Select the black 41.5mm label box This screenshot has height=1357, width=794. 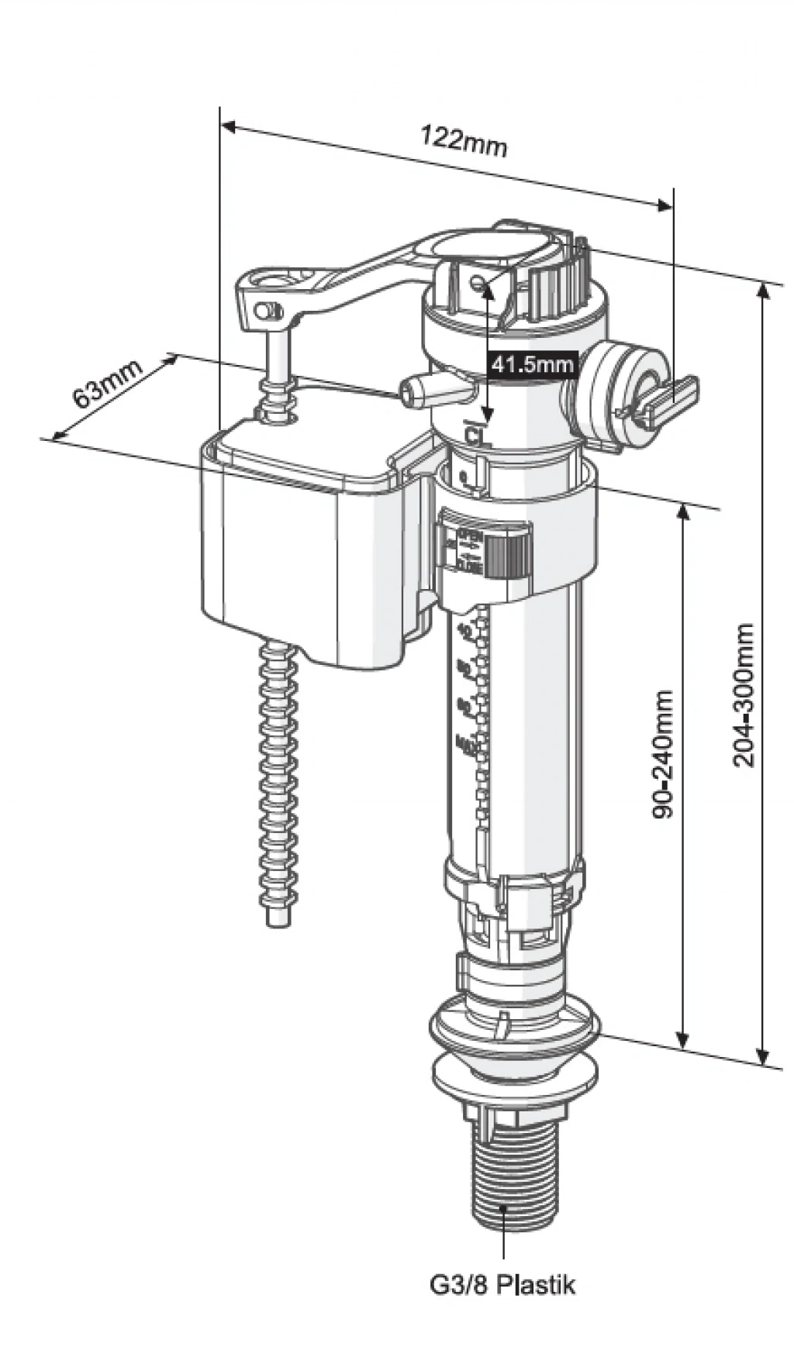533,363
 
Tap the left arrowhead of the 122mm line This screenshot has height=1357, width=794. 227,125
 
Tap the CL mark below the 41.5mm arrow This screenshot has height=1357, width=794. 472,432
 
